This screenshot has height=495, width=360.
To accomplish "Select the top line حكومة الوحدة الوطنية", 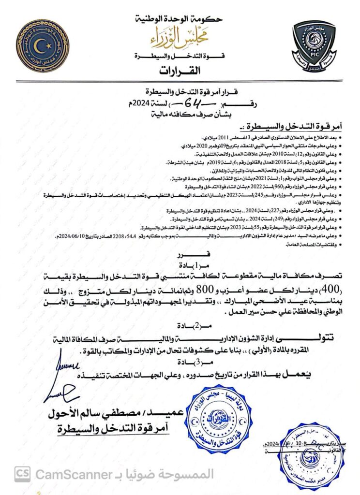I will pyautogui.click(x=180, y=19).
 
